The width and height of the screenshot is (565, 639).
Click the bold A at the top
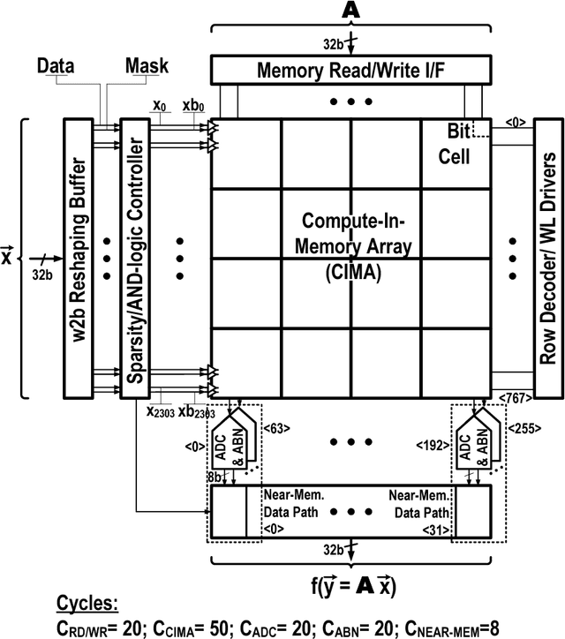[x=350, y=11]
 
